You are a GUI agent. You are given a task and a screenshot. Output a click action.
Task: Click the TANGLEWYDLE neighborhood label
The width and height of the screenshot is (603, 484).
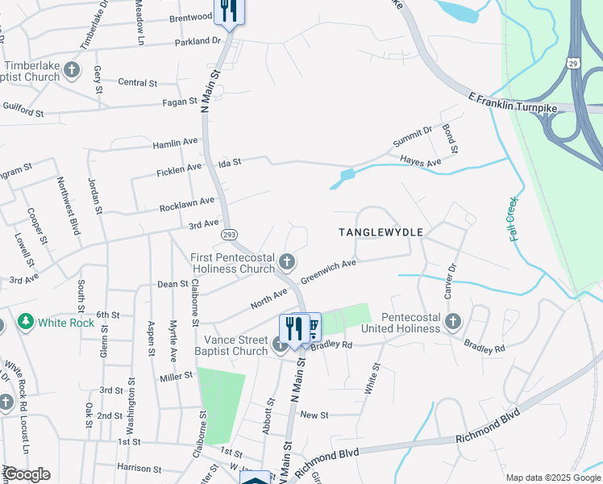pyautogui.click(x=381, y=232)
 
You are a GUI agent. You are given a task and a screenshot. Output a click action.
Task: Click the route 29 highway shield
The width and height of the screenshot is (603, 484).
pyautogui.click(x=573, y=62)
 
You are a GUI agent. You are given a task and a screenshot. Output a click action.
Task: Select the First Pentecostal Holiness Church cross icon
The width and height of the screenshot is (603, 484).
pyautogui.click(x=288, y=261)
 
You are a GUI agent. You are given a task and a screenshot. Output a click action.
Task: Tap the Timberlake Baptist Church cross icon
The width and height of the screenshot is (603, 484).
pyautogui.click(x=72, y=69)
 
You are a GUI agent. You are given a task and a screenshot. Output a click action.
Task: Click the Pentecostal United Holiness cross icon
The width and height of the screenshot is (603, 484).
pyautogui.click(x=452, y=322)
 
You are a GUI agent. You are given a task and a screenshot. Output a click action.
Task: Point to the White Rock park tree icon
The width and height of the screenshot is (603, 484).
pyautogui.click(x=26, y=323)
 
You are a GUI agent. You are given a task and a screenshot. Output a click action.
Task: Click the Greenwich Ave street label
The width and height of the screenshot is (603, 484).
pyautogui.click(x=328, y=272)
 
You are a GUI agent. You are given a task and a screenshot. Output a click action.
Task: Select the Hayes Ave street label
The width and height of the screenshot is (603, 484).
pyautogui.click(x=421, y=162)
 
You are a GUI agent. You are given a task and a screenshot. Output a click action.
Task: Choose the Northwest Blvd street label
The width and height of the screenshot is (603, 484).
pyautogui.click(x=67, y=206)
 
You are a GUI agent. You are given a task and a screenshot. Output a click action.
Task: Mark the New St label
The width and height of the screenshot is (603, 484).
pyautogui.click(x=314, y=415)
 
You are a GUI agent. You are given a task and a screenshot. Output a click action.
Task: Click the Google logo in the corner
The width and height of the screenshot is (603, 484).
pyautogui.click(x=27, y=474)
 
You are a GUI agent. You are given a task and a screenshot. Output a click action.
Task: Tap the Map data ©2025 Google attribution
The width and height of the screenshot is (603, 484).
pyautogui.click(x=552, y=478)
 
